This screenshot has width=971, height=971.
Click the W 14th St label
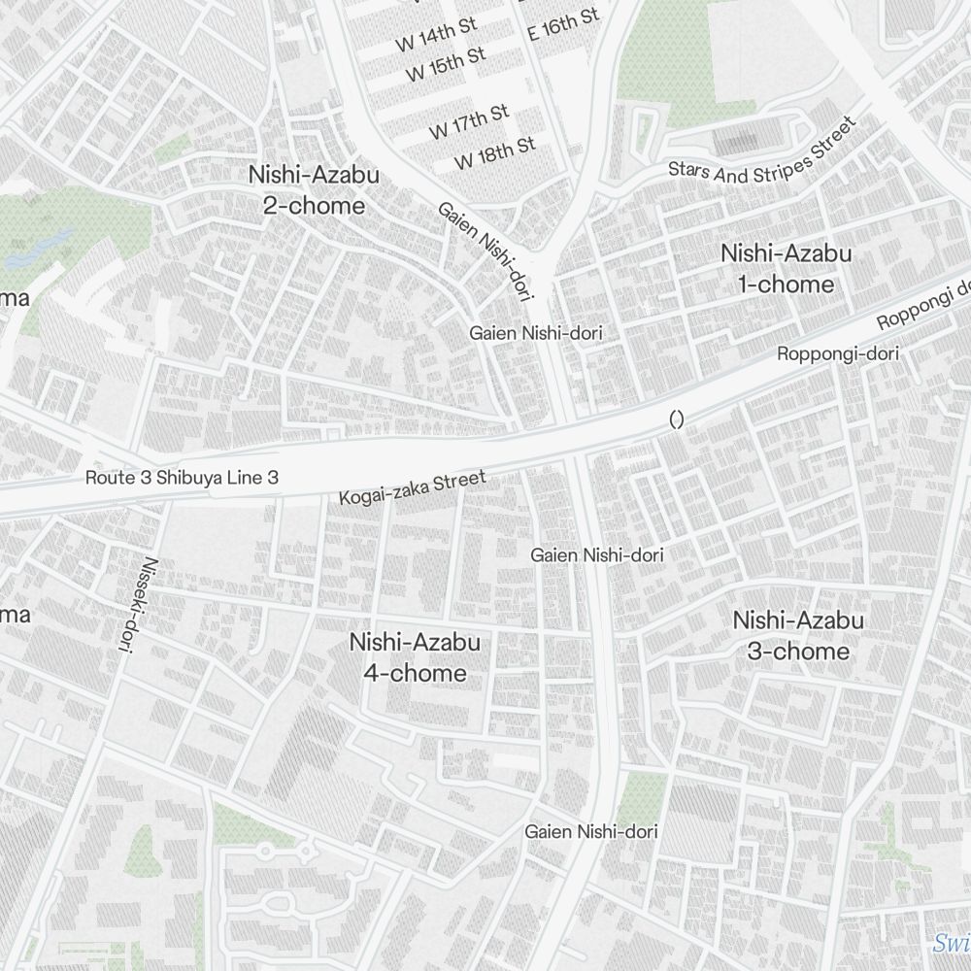click(439, 37)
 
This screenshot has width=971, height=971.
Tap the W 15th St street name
click(446, 65)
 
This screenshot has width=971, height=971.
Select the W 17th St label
click(470, 121)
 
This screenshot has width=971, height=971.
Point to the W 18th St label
click(494, 152)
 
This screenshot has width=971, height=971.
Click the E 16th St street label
click(564, 23)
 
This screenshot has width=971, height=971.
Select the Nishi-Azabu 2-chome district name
click(314, 190)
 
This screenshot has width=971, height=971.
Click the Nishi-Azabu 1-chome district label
click(786, 269)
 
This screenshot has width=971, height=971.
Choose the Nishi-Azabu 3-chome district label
click(798, 636)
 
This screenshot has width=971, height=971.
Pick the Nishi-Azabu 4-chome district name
click(415, 657)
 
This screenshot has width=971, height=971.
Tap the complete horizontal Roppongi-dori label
click(838, 354)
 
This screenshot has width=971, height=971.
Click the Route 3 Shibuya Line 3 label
click(182, 478)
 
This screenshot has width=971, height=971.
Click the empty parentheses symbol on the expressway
click(677, 419)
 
